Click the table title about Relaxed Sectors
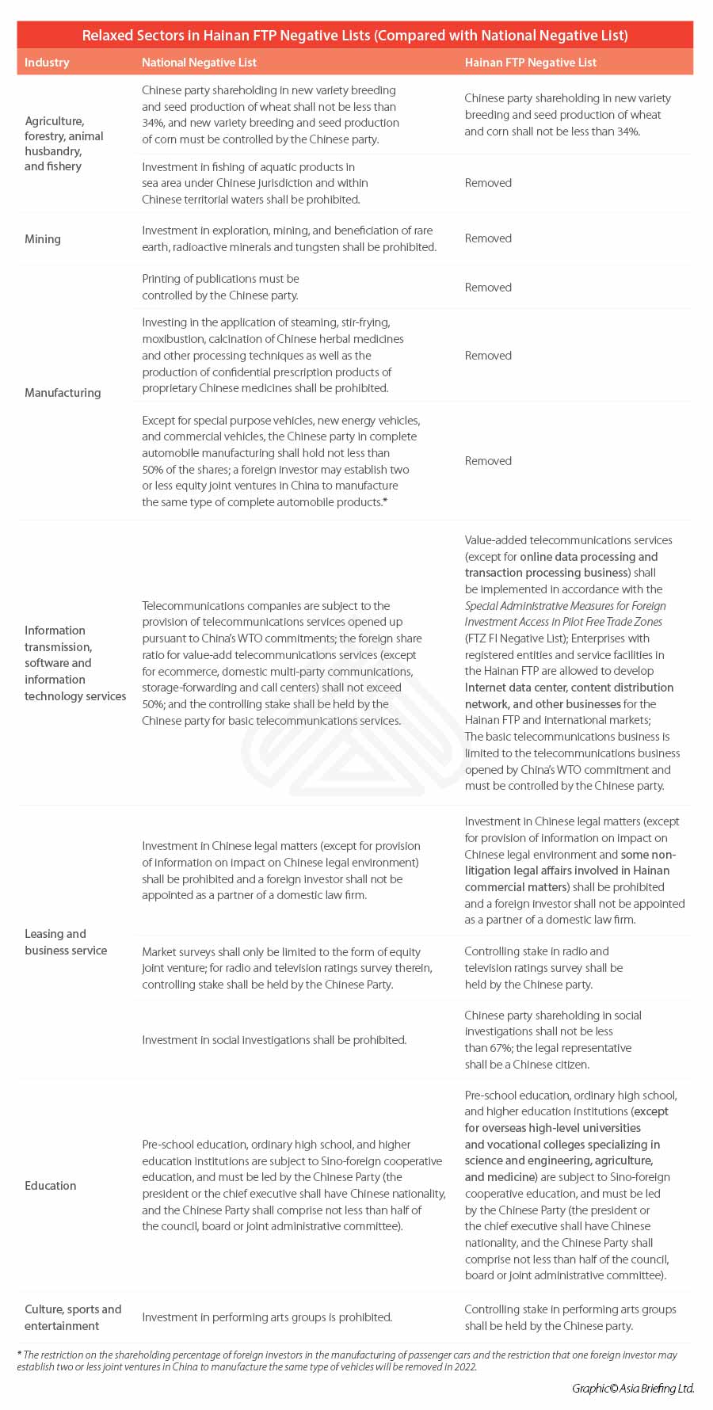tap(355, 35)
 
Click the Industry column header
tap(47, 63)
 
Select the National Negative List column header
tap(199, 63)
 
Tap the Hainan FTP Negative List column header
tap(530, 63)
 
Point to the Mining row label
tap(43, 239)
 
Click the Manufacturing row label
tap(63, 393)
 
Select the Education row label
tap(51, 1186)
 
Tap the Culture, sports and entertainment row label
tap(73, 1317)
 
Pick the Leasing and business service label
tap(66, 942)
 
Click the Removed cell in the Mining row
tap(488, 238)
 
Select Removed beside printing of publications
tap(488, 288)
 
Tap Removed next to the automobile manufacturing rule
tap(488, 461)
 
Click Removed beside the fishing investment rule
tap(488, 183)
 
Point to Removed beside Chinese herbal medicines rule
tap(488, 356)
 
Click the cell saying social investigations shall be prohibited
tap(274, 1040)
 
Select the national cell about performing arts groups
tap(267, 1317)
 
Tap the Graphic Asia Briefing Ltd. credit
tap(633, 1388)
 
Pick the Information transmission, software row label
tap(75, 663)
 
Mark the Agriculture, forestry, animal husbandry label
tap(64, 143)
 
